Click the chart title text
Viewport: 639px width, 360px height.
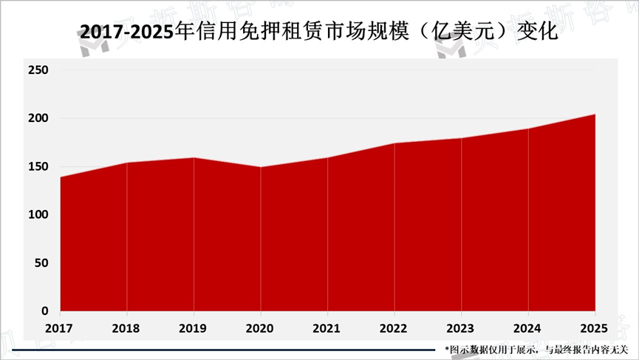click(319, 33)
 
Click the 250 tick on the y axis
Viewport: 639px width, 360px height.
click(38, 70)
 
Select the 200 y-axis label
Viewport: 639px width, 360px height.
click(38, 118)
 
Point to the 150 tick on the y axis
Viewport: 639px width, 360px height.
click(38, 166)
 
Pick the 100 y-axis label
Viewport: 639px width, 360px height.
click(38, 214)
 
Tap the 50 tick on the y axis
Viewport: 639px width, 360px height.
click(41, 262)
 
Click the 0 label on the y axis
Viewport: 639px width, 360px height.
click(45, 310)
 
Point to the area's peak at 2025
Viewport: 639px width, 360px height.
click(595, 115)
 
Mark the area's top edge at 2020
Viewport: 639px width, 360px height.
click(261, 167)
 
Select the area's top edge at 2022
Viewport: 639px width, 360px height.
click(394, 143)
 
